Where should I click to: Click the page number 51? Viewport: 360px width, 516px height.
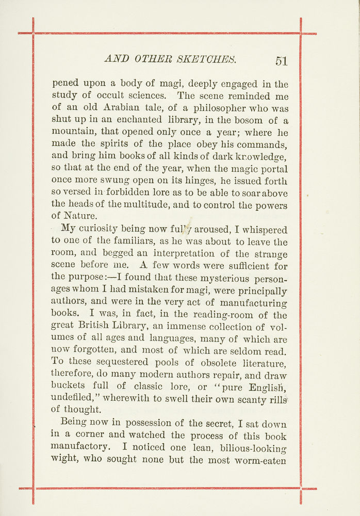[x=281, y=61]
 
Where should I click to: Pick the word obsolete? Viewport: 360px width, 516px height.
[x=202, y=364]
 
